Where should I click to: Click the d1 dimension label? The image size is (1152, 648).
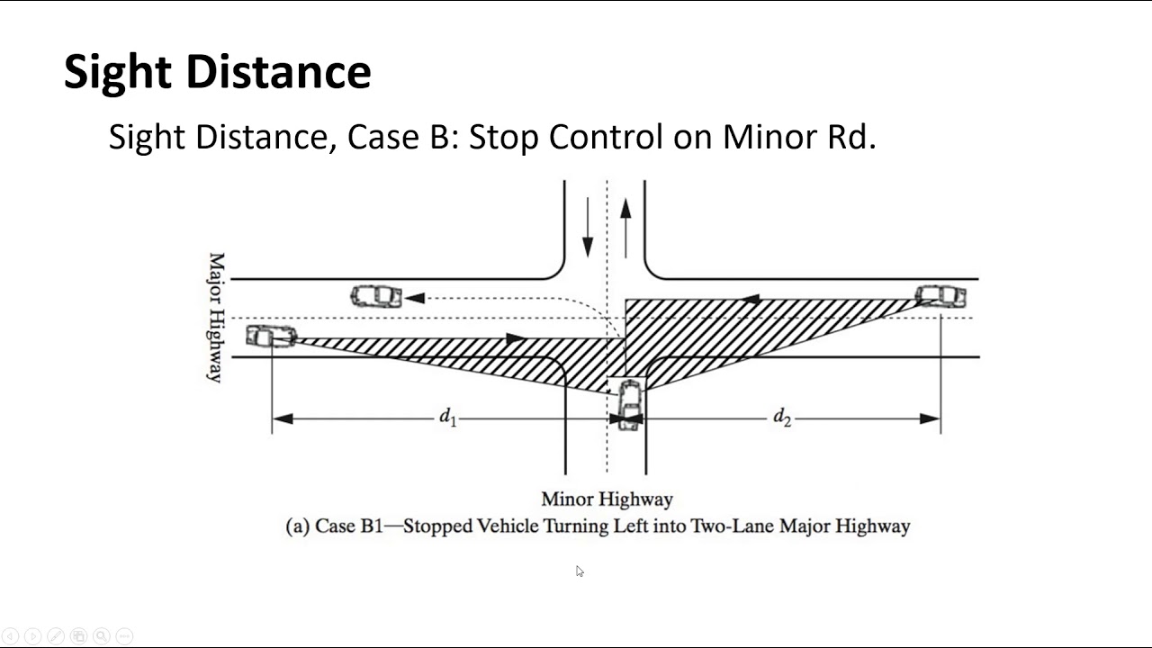447,417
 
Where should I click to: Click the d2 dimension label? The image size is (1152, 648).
782,417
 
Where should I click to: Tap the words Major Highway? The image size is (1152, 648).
216,318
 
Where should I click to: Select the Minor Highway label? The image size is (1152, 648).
607,499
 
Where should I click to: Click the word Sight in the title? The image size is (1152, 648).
117,72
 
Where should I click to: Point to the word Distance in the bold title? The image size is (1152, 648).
278,71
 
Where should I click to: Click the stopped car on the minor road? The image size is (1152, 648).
630,405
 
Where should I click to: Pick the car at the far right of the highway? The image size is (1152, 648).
940,296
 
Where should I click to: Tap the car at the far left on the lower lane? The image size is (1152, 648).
271,337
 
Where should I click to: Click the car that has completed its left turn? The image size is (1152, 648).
376,297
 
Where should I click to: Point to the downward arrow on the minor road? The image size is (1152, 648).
588,227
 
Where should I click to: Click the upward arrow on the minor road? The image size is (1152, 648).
625,229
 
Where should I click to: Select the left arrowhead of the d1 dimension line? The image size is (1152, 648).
283,418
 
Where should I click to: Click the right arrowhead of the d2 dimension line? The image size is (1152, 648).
930,418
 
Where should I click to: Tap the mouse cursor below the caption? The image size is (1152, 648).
580,571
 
